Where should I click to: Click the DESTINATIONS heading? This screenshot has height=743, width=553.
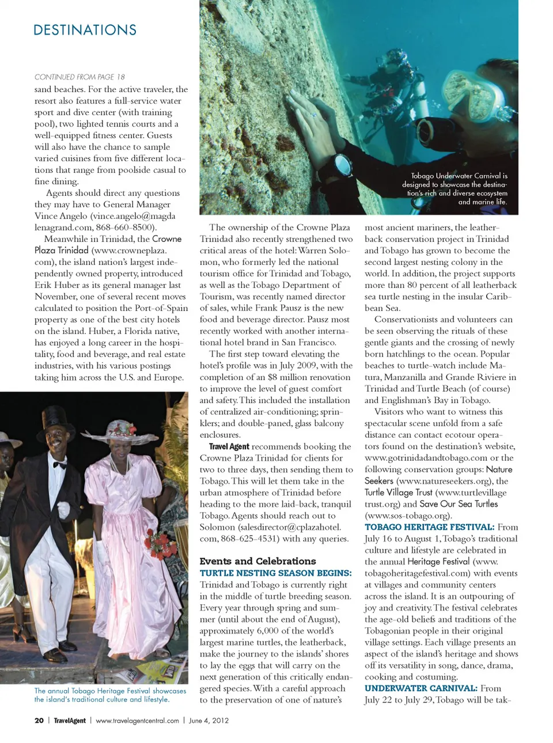(85, 30)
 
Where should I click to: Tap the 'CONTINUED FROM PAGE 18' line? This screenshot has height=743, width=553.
(79, 77)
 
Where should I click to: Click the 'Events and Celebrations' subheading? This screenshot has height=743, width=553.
(257, 561)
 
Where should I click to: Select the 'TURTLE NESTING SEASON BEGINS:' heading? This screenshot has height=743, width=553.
(275, 573)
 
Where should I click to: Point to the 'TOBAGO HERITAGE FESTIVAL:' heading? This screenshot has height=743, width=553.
(429, 527)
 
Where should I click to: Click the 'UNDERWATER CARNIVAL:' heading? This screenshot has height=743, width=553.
(421, 688)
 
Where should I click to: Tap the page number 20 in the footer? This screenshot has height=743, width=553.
(39, 721)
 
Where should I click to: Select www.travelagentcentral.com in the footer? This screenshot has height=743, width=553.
(137, 721)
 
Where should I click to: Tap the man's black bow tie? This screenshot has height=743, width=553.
(60, 464)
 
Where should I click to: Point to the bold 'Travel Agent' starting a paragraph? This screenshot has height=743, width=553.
(229, 446)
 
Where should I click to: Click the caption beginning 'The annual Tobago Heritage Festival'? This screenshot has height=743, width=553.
(110, 695)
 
